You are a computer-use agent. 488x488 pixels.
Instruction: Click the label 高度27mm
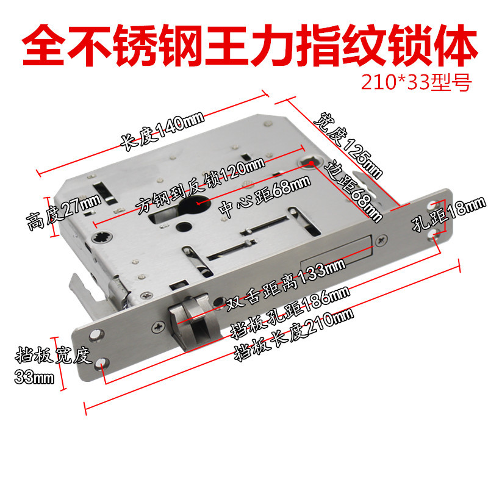(56, 207)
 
